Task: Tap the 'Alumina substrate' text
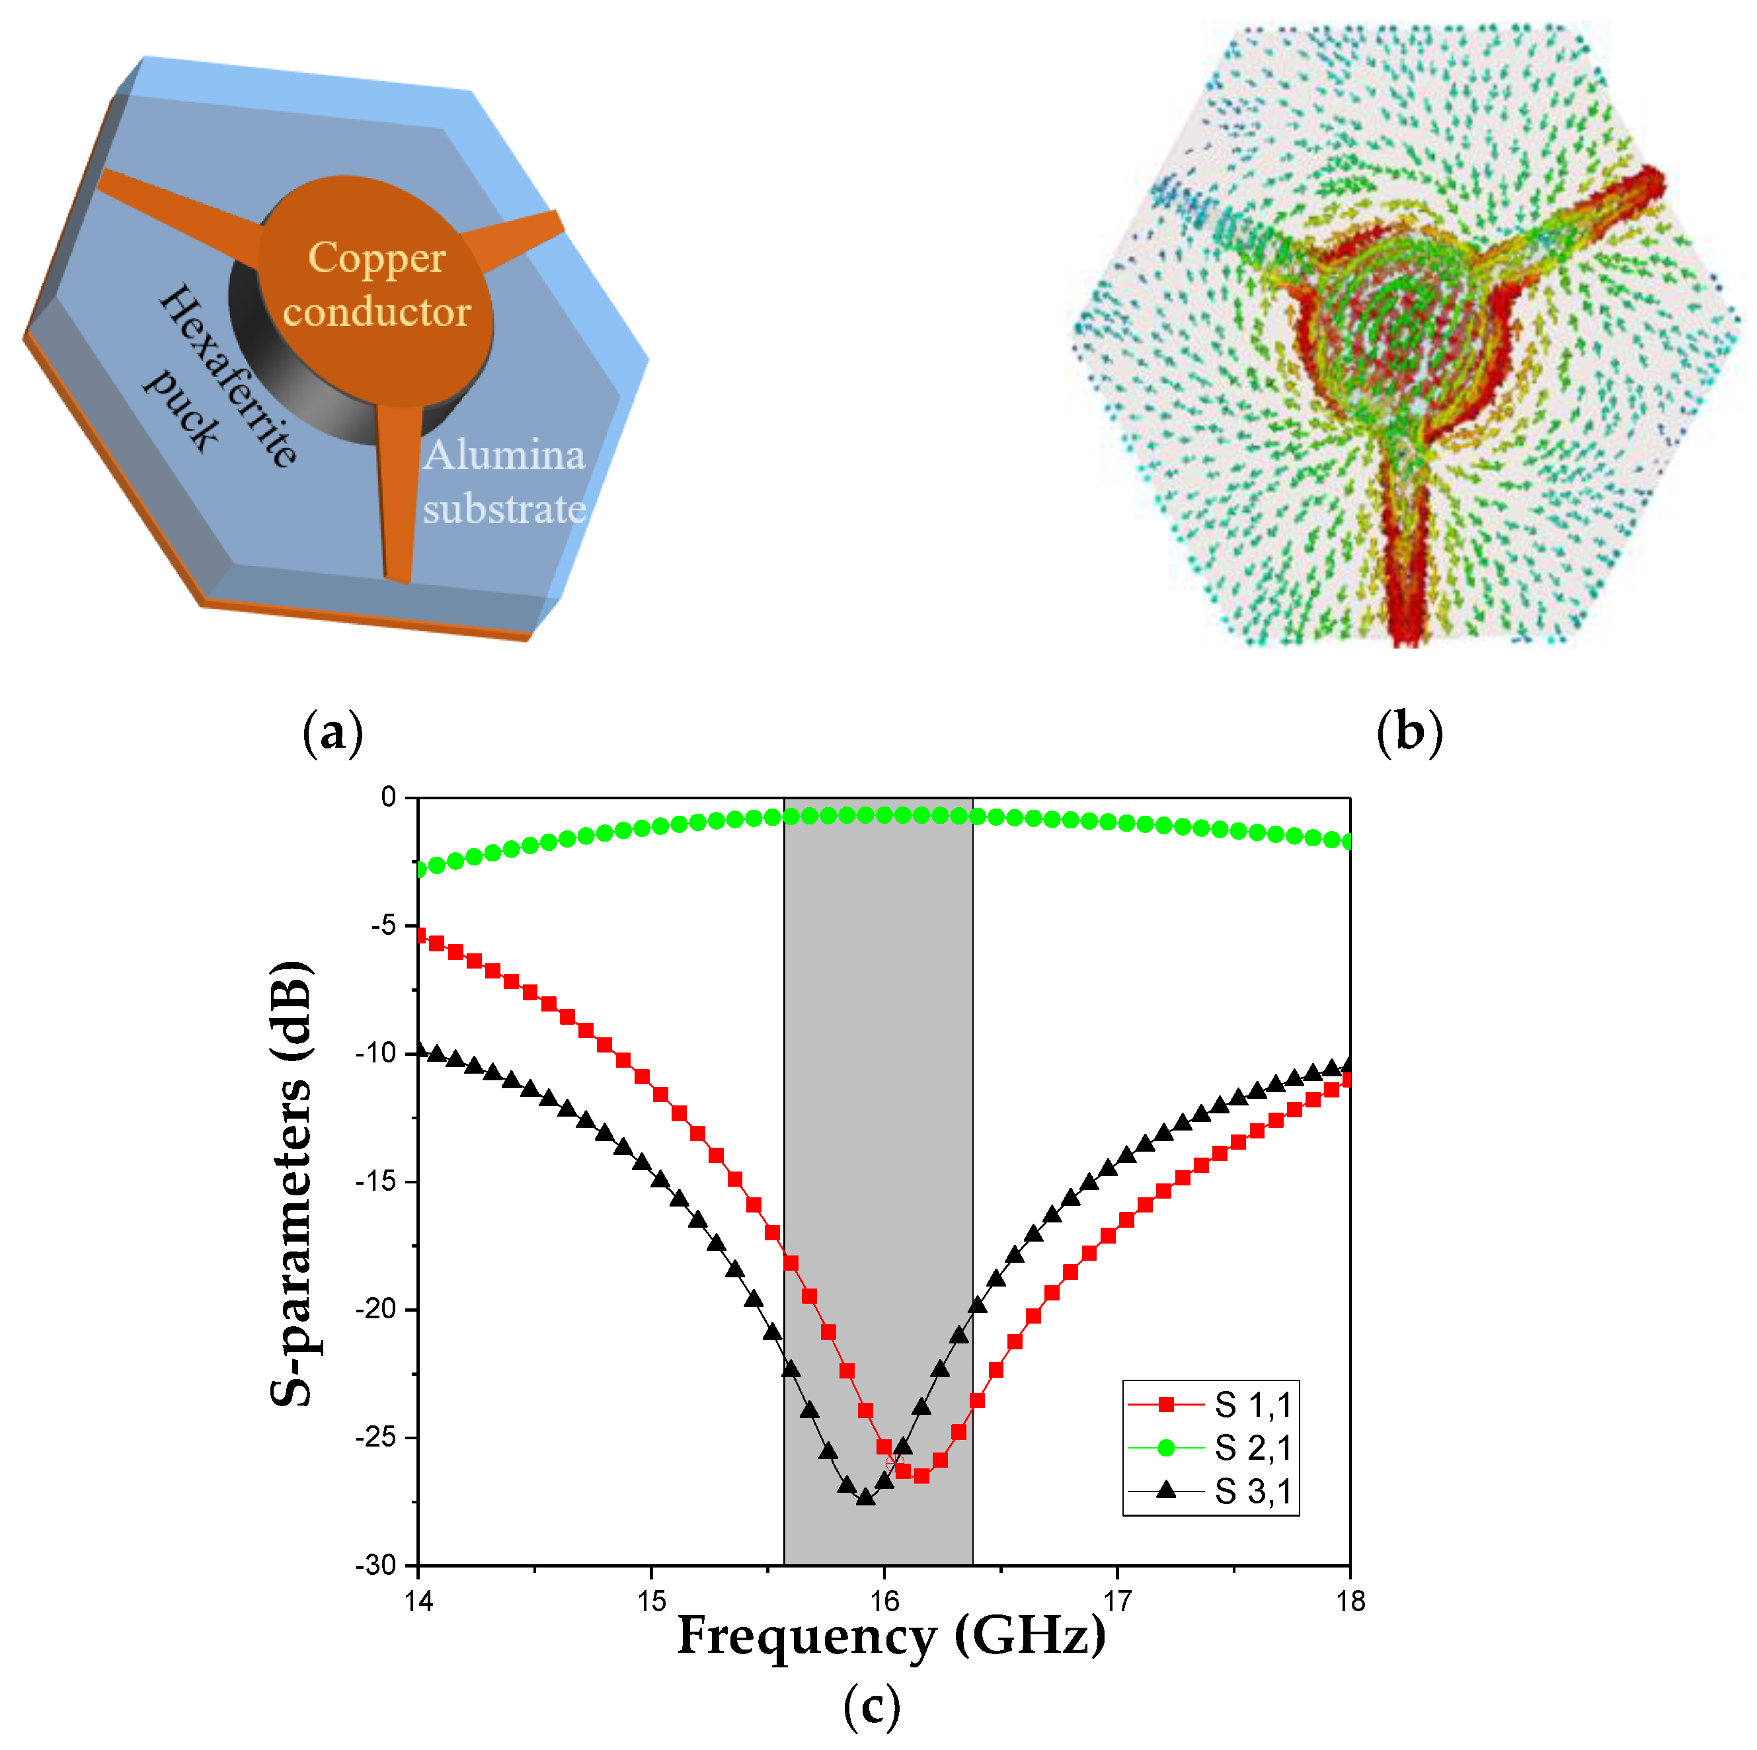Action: click(504, 482)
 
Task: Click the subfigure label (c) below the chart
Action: click(871, 1707)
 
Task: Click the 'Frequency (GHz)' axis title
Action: click(891, 1636)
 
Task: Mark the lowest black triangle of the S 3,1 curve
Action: click(866, 1496)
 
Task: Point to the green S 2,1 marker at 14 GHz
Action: click(419, 869)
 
